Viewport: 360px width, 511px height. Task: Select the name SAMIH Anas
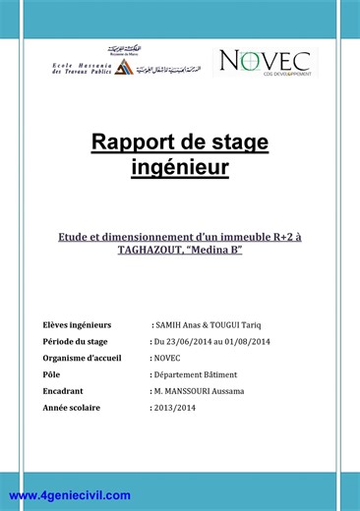point(186,323)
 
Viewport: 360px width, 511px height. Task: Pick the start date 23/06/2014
point(189,340)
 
